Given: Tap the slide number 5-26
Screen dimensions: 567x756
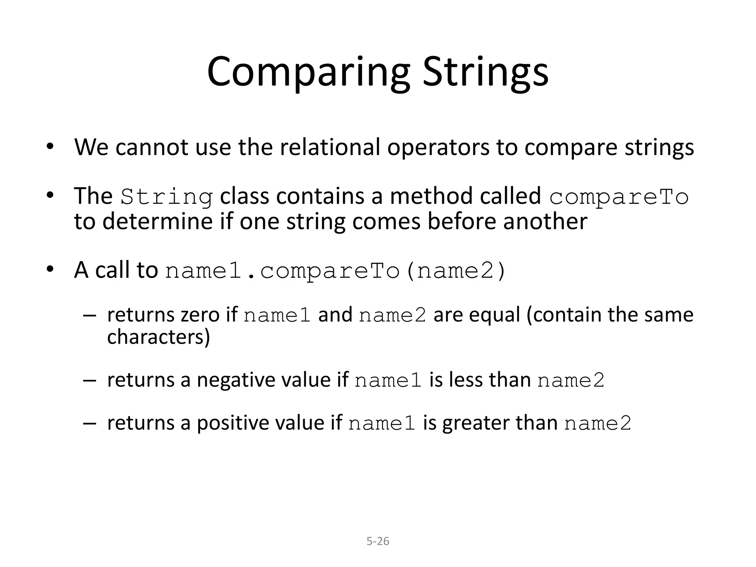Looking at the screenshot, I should (x=378, y=541).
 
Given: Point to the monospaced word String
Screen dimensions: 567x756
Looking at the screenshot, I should (x=166, y=197).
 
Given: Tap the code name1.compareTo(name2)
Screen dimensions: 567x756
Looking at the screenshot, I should (x=335, y=271).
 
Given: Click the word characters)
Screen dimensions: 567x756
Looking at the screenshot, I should (x=158, y=337).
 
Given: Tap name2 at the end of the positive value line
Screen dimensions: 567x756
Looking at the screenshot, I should (x=598, y=423).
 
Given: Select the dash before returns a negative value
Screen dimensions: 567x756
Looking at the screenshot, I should (x=89, y=380).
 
